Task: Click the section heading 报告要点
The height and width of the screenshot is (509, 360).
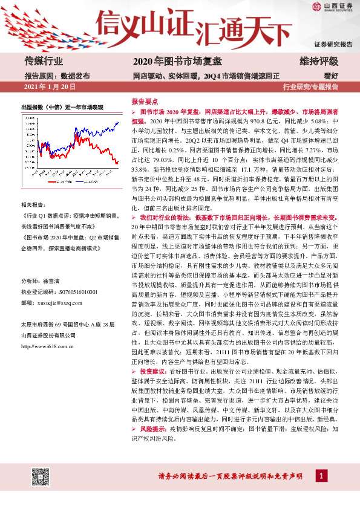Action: (145, 103)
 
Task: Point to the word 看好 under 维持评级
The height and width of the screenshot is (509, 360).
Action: (330, 76)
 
